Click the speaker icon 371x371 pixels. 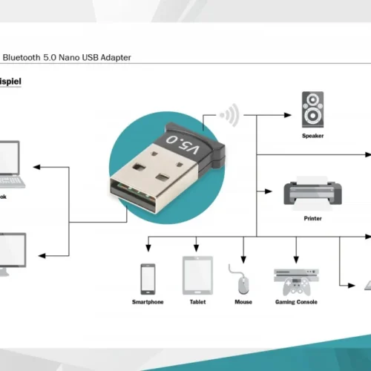point(312,110)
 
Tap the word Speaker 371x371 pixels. point(312,137)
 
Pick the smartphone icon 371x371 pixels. point(148,278)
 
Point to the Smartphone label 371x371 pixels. point(148,302)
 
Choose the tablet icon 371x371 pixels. point(197,275)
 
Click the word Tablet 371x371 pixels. point(197,302)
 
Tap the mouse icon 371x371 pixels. point(243,281)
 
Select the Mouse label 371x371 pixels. point(243,302)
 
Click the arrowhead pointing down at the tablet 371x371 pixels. point(197,249)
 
